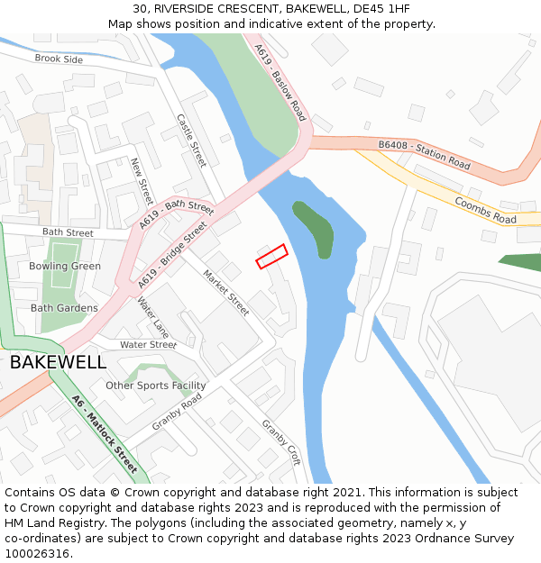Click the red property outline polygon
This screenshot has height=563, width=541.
click(271, 256)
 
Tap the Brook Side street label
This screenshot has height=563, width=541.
click(59, 59)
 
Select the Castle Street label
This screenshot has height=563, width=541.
click(191, 140)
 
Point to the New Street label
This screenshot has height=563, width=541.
click(142, 181)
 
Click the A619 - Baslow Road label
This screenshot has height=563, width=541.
click(280, 83)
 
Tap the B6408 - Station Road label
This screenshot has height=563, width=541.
click(424, 155)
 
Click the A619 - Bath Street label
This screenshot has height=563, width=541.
click(178, 215)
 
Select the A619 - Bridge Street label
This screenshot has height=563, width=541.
click(172, 256)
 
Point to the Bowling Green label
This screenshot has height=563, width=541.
click(65, 267)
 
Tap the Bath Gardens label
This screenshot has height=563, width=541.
click(64, 308)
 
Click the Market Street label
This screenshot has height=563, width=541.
click(225, 292)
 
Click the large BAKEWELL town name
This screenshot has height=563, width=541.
click(58, 363)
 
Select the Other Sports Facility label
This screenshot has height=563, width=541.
click(156, 386)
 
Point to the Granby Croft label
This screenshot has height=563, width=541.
click(280, 440)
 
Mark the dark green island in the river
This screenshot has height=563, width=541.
click(313, 229)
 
